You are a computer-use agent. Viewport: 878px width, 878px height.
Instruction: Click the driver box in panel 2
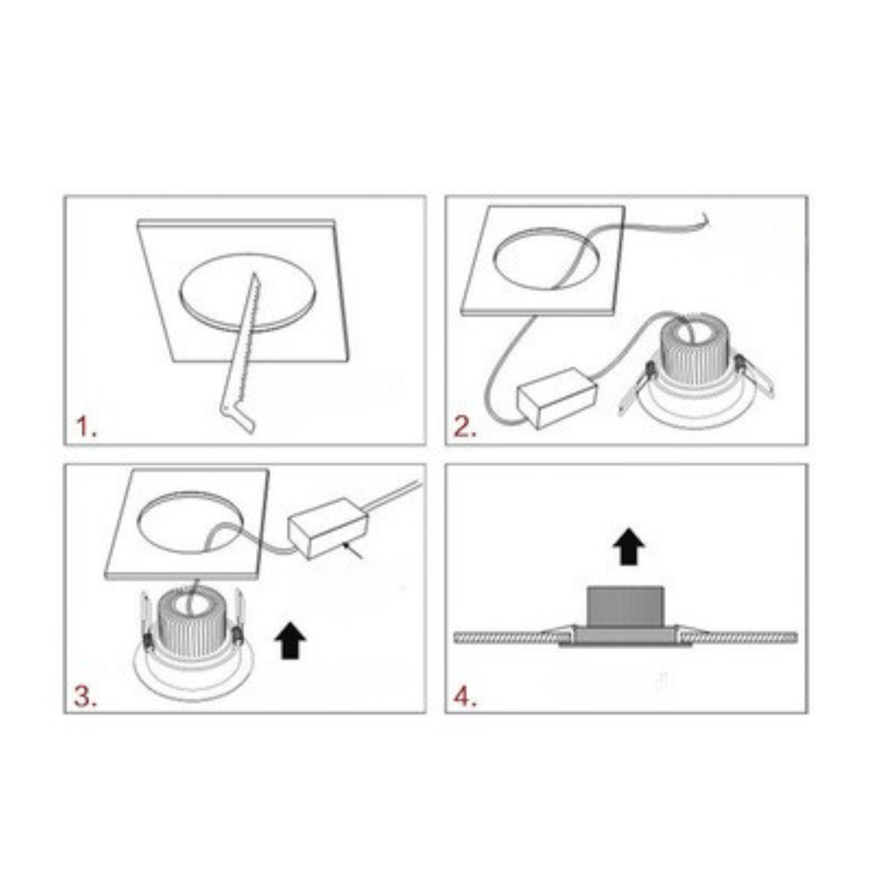click(557, 398)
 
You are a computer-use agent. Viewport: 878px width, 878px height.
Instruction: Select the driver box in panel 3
click(329, 528)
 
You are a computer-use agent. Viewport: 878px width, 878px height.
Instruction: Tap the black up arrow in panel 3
click(290, 640)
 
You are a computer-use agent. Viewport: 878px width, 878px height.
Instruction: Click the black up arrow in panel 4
click(629, 548)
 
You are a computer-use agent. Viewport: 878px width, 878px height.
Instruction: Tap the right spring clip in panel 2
click(753, 376)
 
